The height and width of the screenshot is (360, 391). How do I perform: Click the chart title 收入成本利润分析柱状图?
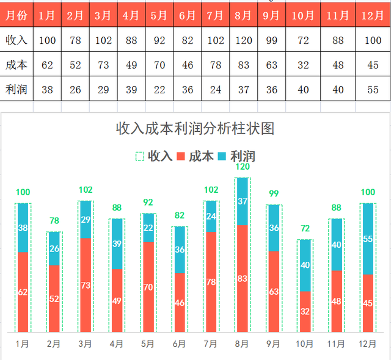[195, 129]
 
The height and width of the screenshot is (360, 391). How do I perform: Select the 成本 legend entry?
[195, 156]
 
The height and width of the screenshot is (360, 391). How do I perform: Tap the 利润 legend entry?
[238, 156]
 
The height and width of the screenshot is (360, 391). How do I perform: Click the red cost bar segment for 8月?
[243, 278]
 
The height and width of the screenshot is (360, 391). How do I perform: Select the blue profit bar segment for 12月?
[368, 239]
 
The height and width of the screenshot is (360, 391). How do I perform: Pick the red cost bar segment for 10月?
[305, 311]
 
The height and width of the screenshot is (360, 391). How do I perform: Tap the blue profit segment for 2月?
[54, 248]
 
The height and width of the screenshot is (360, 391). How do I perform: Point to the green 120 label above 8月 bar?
[243, 167]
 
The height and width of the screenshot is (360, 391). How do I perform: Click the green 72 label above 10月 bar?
[305, 229]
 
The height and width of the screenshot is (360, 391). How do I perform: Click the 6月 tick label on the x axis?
[179, 344]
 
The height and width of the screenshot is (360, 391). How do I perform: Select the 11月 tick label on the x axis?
[336, 344]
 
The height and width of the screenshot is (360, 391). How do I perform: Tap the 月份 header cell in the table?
[16, 16]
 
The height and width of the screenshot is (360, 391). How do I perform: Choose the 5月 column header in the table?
[159, 16]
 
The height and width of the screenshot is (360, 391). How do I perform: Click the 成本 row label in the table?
[16, 65]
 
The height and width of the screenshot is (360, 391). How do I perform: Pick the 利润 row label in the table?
[16, 89]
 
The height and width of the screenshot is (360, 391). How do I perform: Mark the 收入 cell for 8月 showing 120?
[243, 41]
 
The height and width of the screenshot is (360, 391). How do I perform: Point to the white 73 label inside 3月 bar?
[86, 285]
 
